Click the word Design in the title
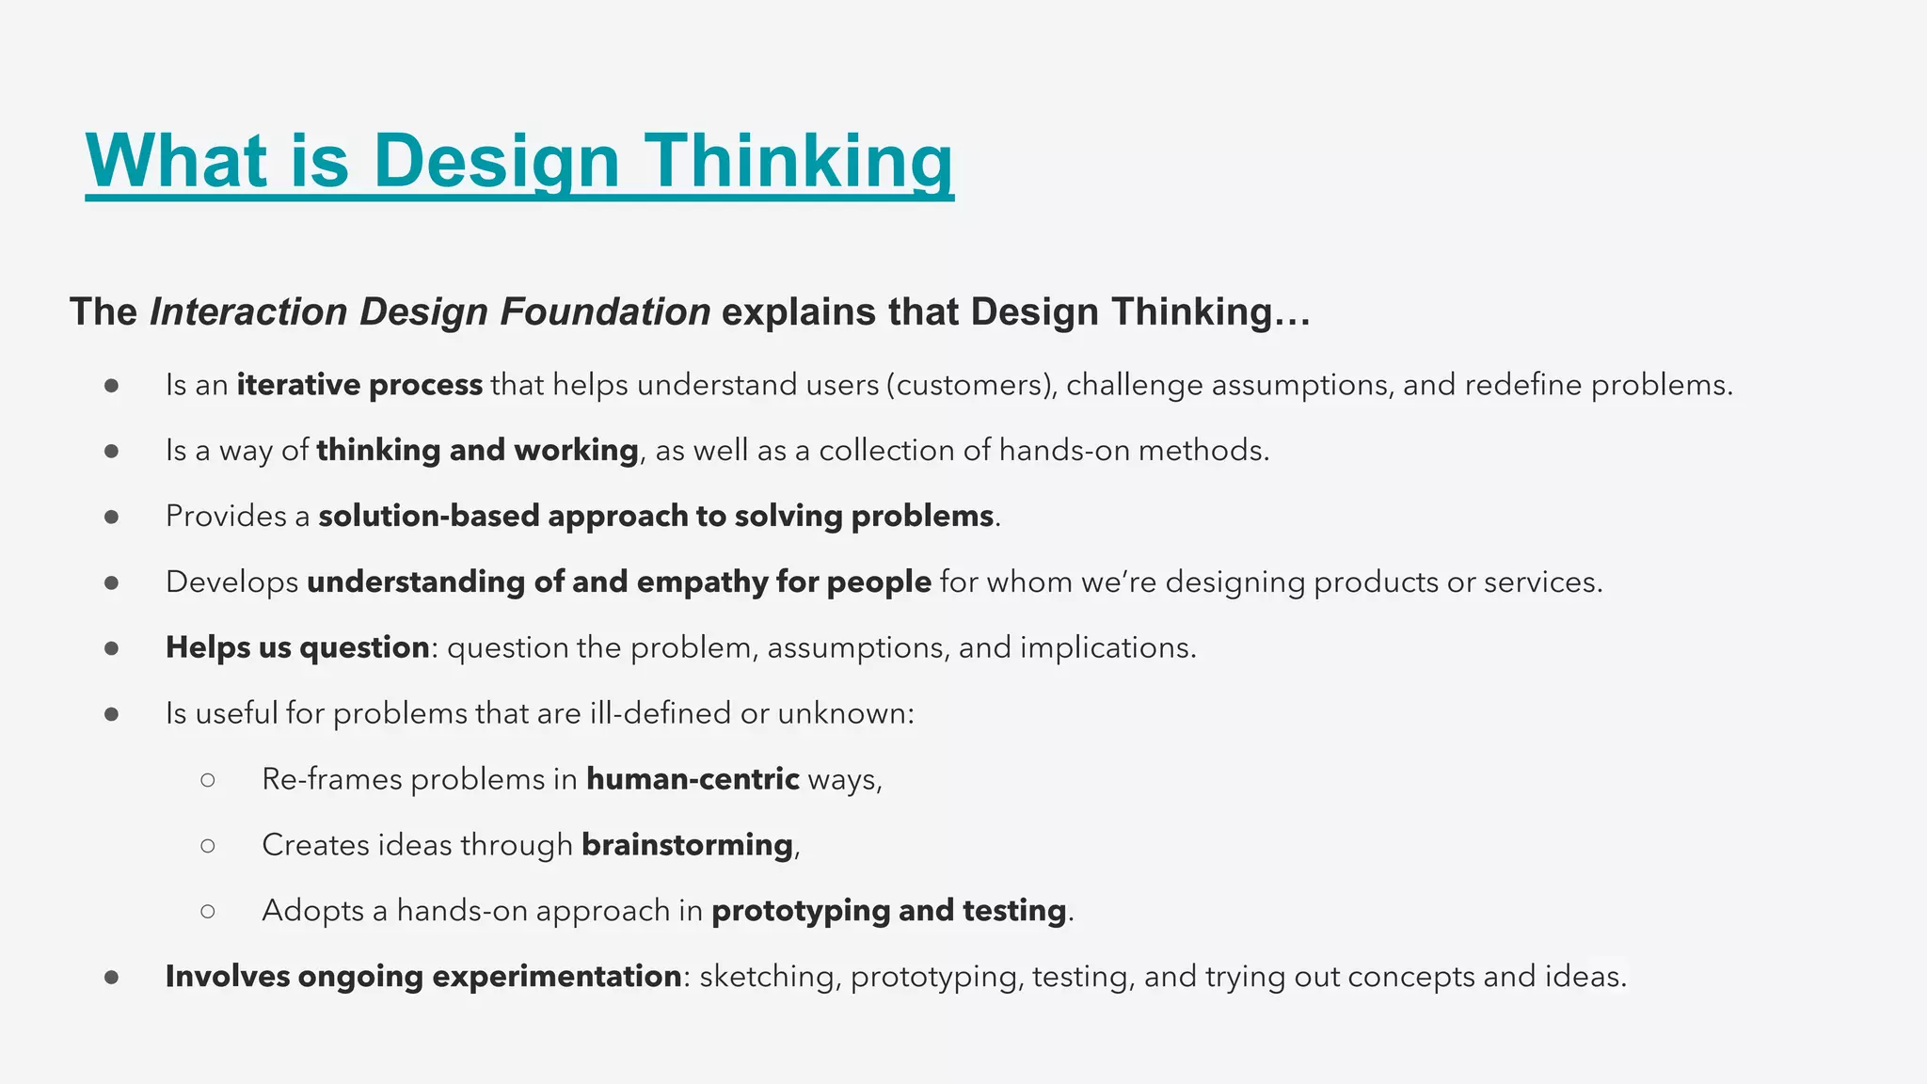pyautogui.click(x=496, y=162)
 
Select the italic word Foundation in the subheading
pyautogui.click(x=605, y=312)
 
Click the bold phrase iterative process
pyautogui.click(x=359, y=385)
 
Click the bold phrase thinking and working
pyautogui.click(x=477, y=451)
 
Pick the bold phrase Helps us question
pyautogui.click(x=297, y=647)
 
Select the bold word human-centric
pyautogui.click(x=693, y=779)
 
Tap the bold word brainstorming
pyautogui.click(x=687, y=845)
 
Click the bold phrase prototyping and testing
pyautogui.click(x=888, y=911)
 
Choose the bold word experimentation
pyautogui.click(x=556, y=977)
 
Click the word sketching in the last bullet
pyautogui.click(x=768, y=977)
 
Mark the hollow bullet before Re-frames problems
pyautogui.click(x=208, y=780)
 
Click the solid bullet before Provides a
pyautogui.click(x=112, y=517)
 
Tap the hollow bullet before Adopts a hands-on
pyautogui.click(x=208, y=911)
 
